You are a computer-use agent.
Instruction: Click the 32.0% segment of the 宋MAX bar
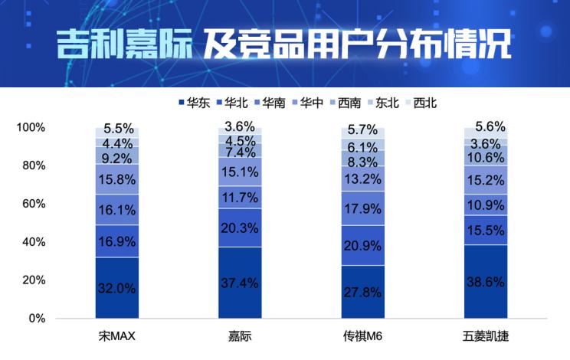coord(117,288)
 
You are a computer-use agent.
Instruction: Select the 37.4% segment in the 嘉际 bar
coord(240,283)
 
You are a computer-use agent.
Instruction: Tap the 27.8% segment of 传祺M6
coord(363,292)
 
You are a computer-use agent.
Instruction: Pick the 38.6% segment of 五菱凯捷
coord(486,281)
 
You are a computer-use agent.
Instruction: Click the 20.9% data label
coord(363,246)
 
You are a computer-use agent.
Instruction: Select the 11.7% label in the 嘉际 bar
coord(240,198)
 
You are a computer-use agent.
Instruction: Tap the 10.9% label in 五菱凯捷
coord(486,206)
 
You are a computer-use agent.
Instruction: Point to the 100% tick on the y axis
coord(31,127)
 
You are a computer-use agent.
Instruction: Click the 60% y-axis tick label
coord(34,204)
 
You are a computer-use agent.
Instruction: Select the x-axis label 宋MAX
coord(117,336)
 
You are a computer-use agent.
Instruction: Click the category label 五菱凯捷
coord(486,336)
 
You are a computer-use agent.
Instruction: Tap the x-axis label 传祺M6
coord(363,336)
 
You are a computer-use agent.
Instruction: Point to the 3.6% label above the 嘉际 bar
coord(240,126)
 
